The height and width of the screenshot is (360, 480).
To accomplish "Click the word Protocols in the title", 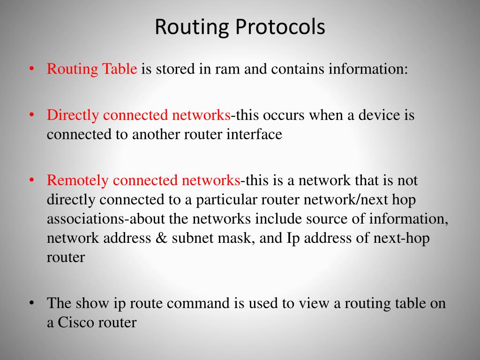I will pos(280,27).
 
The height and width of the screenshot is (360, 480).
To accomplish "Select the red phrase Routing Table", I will pos(92,69).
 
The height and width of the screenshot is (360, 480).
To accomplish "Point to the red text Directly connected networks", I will pos(138,115).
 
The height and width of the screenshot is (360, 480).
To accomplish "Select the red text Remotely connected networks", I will pos(143,180).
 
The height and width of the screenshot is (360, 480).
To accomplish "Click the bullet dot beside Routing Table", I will pos(32,69).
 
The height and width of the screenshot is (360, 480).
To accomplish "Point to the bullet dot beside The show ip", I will pos(32,303).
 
